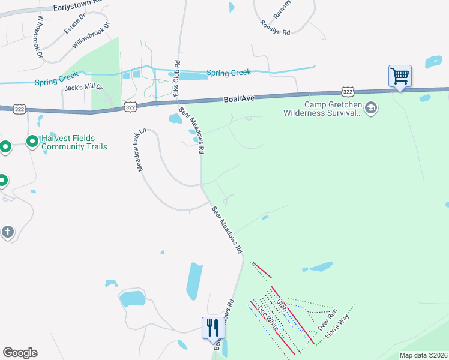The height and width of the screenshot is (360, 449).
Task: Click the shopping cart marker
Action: pyautogui.click(x=400, y=76)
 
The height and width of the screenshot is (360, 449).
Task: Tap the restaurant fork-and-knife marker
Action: pyautogui.click(x=212, y=328)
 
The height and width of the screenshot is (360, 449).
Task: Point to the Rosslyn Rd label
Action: pyautogui.click(x=276, y=26)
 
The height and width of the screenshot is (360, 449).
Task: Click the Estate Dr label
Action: pyautogui.click(x=75, y=25)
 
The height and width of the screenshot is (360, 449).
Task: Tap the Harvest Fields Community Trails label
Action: pyautogui.click(x=74, y=142)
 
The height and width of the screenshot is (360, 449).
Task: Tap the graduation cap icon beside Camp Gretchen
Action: pyautogui.click(x=372, y=108)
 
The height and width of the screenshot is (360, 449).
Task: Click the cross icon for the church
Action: pyautogui.click(x=7, y=232)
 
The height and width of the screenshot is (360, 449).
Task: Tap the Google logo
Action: pyautogui.click(x=20, y=353)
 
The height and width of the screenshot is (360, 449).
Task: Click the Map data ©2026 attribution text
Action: pyautogui.click(x=423, y=355)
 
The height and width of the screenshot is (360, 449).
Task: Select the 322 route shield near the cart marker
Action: pyautogui.click(x=348, y=91)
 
